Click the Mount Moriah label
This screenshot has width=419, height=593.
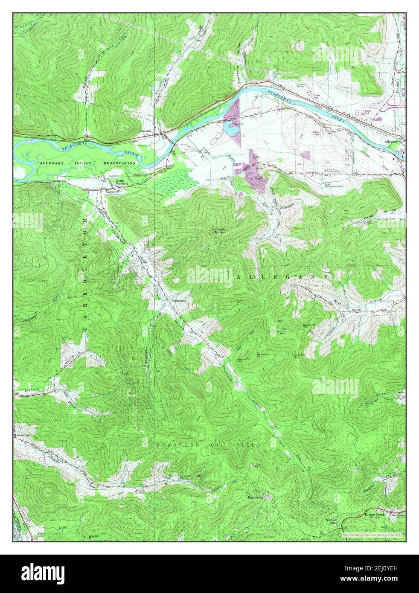click(220, 231)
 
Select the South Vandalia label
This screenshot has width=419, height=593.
click(122, 182)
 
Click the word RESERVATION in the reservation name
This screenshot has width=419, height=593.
click(119, 163)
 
